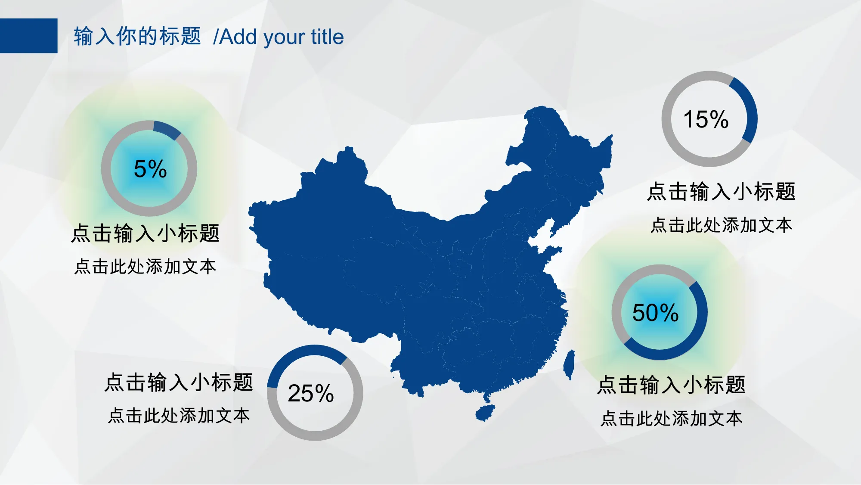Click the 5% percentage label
150,169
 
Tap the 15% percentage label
706,119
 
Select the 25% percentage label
311,393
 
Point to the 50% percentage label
655,313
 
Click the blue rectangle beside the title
28,36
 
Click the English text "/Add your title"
279,37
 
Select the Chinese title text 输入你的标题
137,36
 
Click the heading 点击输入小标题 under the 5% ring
146,233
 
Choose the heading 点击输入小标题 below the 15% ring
721,192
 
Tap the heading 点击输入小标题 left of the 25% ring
179,382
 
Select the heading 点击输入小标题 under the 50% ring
671,385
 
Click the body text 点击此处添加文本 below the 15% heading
722,225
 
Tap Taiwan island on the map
570,364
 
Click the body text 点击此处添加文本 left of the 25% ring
179,416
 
